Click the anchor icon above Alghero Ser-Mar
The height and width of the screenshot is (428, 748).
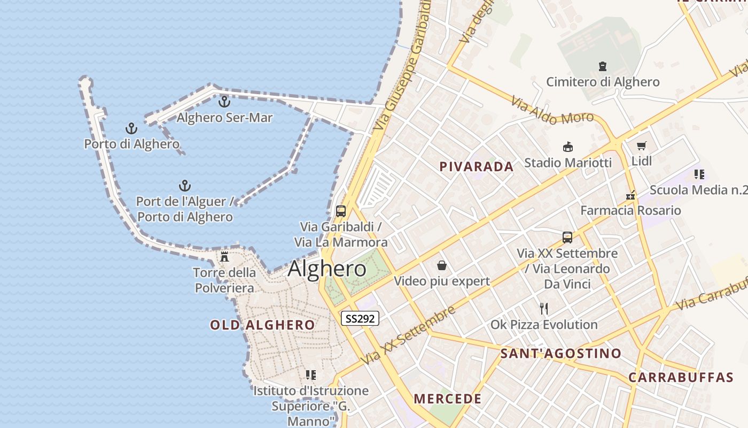coord(224,101)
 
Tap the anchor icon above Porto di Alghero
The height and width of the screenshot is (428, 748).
coord(131,128)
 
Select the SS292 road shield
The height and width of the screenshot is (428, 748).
coord(360,318)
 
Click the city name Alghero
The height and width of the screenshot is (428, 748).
coord(327,269)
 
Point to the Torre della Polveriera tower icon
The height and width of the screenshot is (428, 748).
coord(224,257)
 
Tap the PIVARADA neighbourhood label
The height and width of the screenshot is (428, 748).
coord(477,166)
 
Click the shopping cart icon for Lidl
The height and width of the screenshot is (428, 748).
coord(642,146)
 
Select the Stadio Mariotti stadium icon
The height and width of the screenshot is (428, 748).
coord(567,147)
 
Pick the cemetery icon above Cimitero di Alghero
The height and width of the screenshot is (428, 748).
coord(603,67)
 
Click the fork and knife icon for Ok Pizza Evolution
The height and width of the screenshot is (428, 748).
coord(544,308)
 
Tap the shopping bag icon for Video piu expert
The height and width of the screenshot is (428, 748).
coord(442,265)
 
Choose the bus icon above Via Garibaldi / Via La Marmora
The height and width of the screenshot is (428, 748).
coord(341,211)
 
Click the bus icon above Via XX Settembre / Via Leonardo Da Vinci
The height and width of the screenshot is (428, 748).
coord(567,237)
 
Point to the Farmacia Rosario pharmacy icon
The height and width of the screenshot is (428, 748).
coord(630,195)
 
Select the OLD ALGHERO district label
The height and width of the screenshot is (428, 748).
coord(262,325)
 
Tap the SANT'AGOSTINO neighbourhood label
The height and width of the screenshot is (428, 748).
coord(560,353)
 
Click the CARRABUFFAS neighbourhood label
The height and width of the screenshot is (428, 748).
coord(680,377)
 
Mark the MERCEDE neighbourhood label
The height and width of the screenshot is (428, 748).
coord(448,399)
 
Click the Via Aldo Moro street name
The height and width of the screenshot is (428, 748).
coord(552,110)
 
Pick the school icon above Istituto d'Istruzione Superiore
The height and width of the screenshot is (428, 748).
coord(310,375)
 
